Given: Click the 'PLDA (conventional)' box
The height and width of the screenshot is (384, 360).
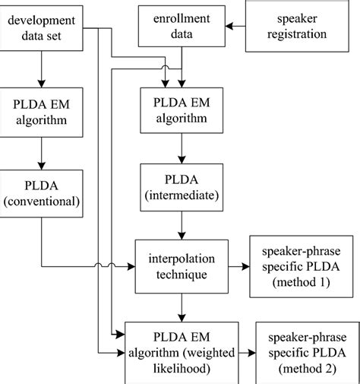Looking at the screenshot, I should pos(41,192).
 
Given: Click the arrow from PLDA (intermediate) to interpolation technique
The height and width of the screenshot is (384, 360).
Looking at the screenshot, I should pos(180,227).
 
